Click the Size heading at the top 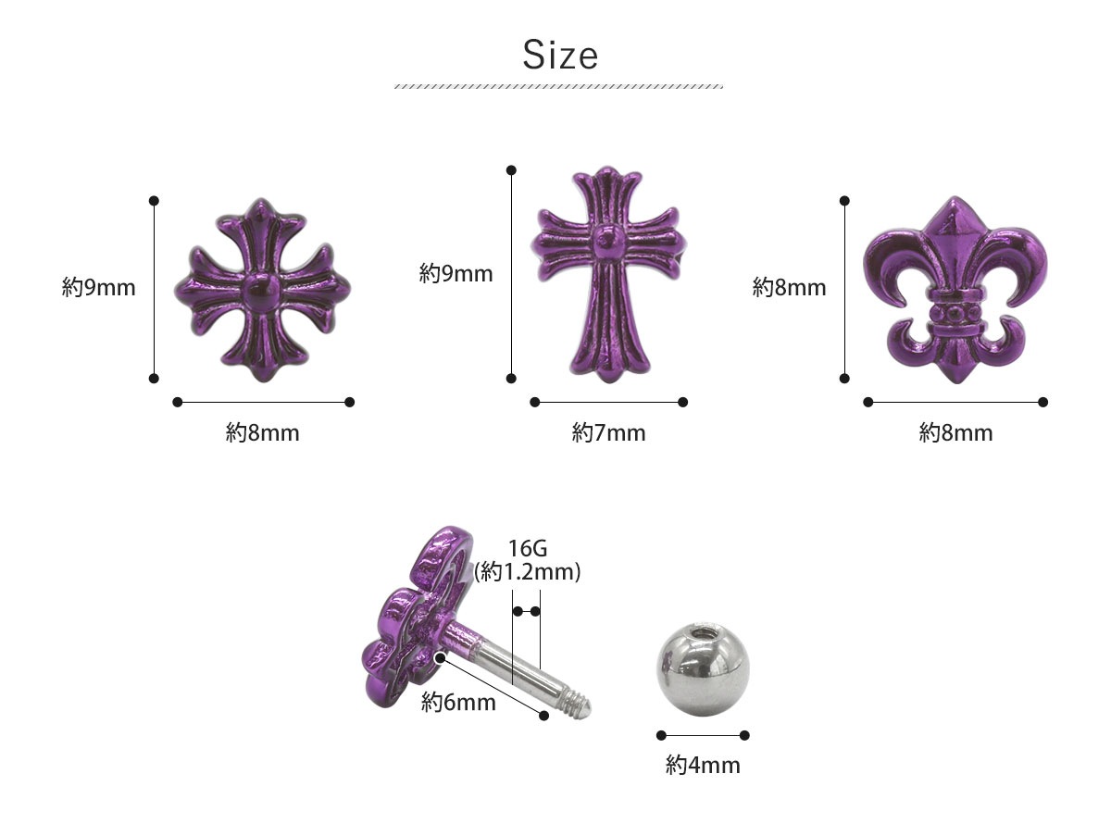click(560, 56)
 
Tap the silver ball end click(703, 669)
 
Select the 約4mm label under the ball click(703, 765)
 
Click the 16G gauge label click(528, 548)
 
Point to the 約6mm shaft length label click(458, 703)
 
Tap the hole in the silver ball click(702, 632)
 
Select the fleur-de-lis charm click(955, 289)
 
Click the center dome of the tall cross click(608, 240)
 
